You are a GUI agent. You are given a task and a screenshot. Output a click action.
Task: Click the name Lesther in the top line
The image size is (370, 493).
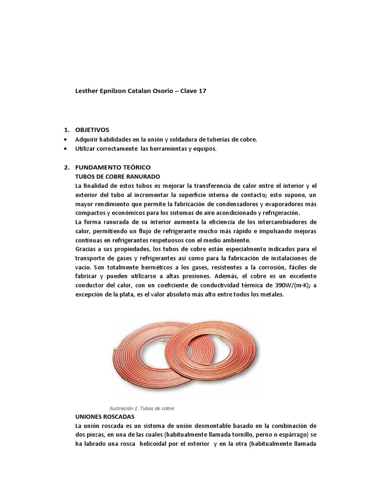click(x=88, y=91)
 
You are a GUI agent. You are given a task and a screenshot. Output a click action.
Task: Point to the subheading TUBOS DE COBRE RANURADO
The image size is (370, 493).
click(x=117, y=176)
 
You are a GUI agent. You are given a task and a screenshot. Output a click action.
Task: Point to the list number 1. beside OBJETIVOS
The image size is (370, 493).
click(x=67, y=130)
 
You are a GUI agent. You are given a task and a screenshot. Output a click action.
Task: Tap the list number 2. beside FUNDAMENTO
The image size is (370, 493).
click(x=67, y=167)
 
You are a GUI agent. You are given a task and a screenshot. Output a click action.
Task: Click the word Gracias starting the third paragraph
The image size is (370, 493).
click(x=87, y=249)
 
